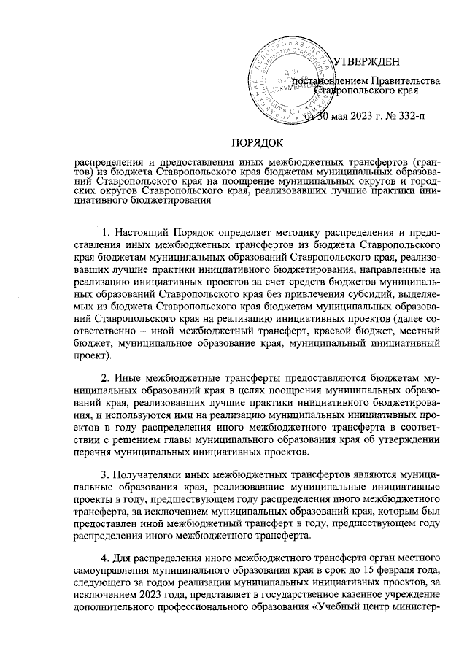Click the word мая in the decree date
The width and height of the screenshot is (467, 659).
(337, 115)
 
